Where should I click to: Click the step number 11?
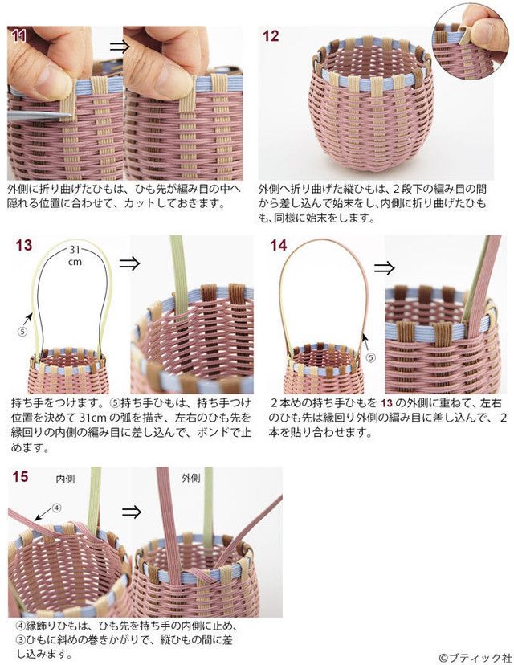tap(18, 35)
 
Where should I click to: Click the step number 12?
tap(271, 36)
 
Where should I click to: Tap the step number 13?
tap(23, 245)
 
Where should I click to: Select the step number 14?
tap(278, 245)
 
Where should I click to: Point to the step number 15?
tap(20, 477)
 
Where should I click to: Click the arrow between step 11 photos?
tap(119, 47)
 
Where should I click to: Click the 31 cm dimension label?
tap(74, 255)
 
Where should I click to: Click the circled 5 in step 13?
tap(22, 330)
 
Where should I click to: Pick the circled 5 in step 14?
tap(370, 358)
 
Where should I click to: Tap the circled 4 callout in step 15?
tap(57, 508)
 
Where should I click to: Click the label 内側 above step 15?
tap(65, 478)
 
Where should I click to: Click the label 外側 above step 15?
tap(191, 477)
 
